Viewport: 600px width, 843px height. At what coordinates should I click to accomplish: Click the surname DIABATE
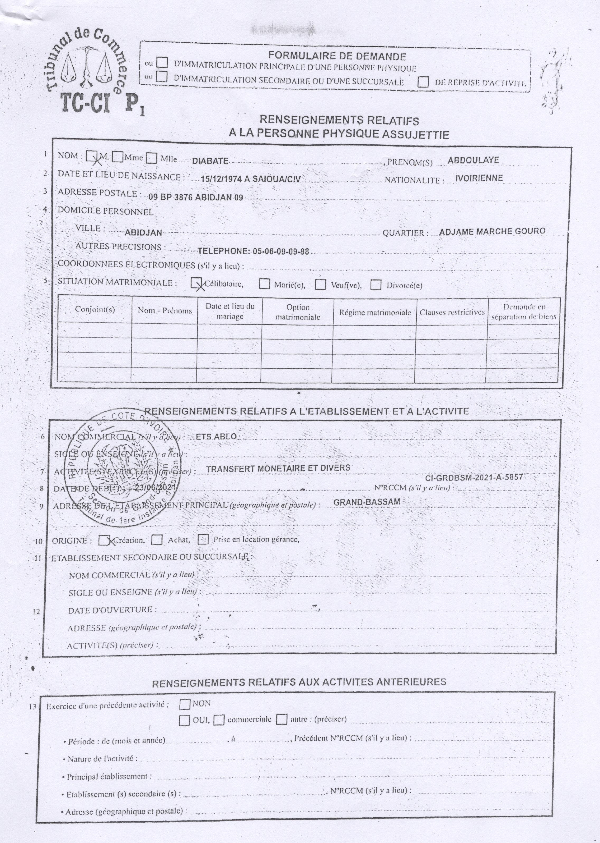(210, 161)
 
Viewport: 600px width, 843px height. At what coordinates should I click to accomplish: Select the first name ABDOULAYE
(473, 160)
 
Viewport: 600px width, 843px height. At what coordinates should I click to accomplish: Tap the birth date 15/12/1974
(221, 179)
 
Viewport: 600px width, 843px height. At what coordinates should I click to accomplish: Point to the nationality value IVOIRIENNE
(479, 178)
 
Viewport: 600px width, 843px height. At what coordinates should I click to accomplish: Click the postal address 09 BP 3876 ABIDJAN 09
(196, 197)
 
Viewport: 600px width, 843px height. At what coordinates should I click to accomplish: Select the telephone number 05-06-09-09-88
(281, 251)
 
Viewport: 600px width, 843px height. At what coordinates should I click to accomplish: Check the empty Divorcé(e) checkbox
(376, 285)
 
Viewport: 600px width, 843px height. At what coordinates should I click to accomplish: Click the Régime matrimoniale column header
(375, 312)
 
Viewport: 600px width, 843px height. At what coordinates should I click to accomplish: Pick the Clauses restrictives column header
(452, 312)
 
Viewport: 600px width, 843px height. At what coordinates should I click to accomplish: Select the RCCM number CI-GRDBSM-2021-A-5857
(474, 477)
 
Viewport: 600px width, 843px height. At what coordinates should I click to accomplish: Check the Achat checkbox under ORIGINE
(157, 540)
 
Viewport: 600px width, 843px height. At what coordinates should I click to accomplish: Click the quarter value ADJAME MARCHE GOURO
(492, 232)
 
